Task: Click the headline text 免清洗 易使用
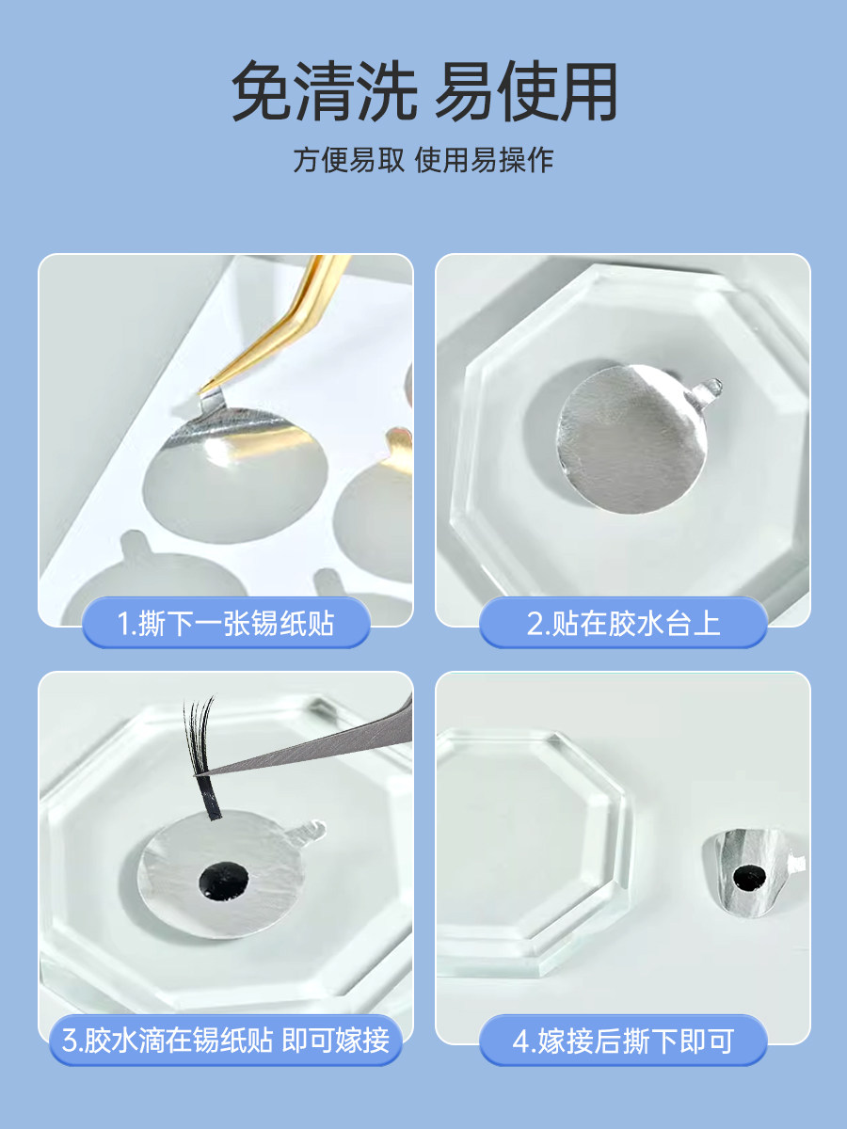pyautogui.click(x=424, y=91)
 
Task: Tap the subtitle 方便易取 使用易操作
pyautogui.click(x=423, y=160)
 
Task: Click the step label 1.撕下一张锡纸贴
pyautogui.click(x=226, y=624)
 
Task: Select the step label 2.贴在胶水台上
pyautogui.click(x=623, y=624)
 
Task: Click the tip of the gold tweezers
pyautogui.click(x=200, y=392)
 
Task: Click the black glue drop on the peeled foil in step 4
pyautogui.click(x=749, y=877)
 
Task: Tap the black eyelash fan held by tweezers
pyautogui.click(x=201, y=756)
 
